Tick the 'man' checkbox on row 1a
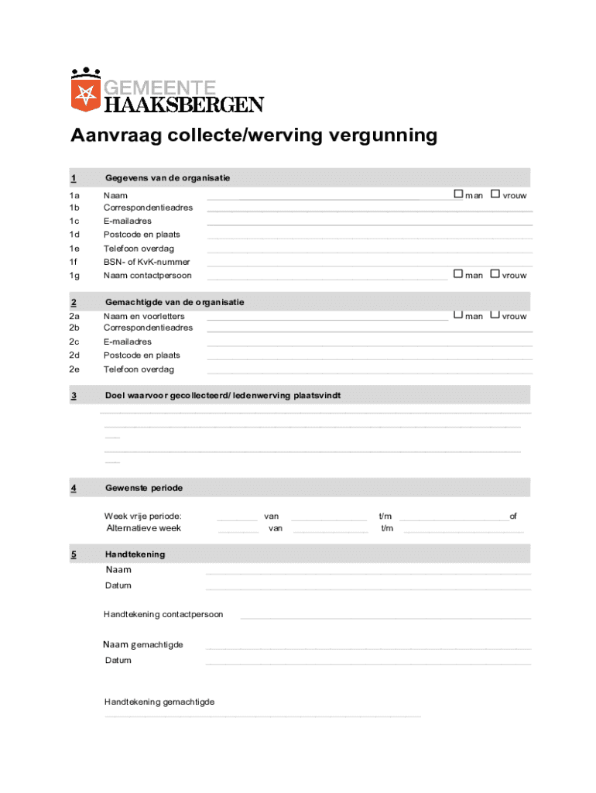pos(458,194)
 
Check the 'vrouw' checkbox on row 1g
pos(495,273)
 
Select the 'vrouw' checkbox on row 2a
pos(495,314)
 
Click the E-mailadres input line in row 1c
pos(370,225)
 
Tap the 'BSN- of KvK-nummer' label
pos(147,262)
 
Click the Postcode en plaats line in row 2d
pos(370,359)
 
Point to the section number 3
pos(74,396)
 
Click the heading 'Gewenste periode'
pos(144,488)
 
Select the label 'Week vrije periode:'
pos(143,516)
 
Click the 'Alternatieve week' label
pos(143,528)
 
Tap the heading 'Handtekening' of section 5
pos(135,554)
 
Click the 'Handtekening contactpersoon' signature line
pos(385,618)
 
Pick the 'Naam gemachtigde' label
pos(143,645)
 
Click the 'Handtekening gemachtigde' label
pos(159,702)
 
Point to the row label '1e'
pos(74,249)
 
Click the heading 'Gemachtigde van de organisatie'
pos(175,302)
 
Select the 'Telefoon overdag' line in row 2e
pos(370,373)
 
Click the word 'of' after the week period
pos(513,516)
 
